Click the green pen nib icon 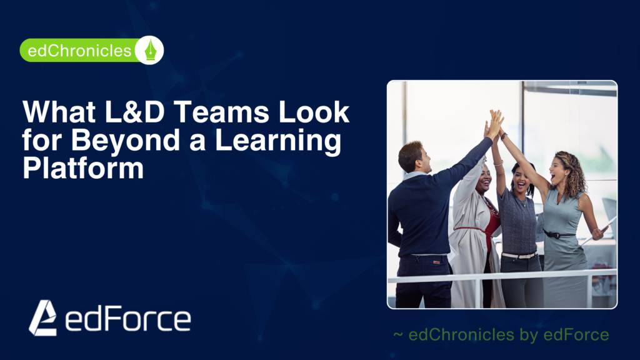150,50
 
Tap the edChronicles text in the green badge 76,51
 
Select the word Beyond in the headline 119,140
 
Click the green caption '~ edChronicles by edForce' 501,335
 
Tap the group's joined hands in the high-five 495,122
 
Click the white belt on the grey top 519,255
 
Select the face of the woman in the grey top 521,179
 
